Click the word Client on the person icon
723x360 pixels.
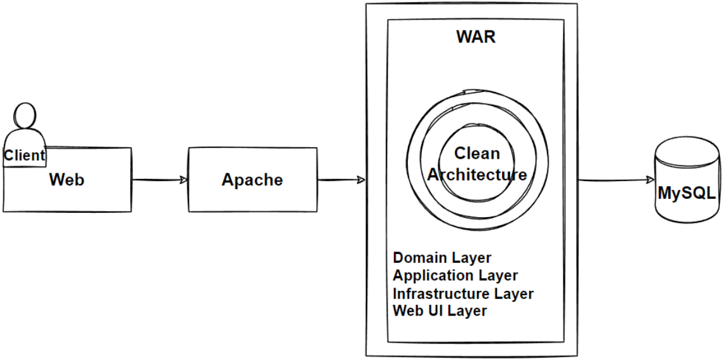[25, 155]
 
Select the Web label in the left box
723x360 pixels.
[67, 180]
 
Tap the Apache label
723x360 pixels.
[252, 180]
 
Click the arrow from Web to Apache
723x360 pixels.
[159, 180]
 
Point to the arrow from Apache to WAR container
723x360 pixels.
[341, 180]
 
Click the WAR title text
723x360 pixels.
[476, 37]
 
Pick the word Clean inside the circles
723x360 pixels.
[476, 154]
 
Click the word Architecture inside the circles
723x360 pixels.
[476, 175]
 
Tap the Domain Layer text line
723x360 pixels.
[442, 258]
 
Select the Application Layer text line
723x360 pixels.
[455, 276]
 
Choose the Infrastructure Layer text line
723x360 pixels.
[463, 294]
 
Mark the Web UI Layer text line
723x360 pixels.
[440, 311]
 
